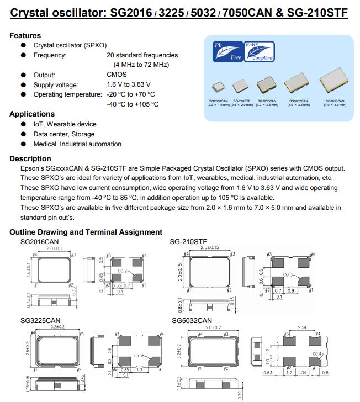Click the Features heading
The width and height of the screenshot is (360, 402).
click(25, 35)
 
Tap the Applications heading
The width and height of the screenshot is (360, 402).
click(32, 114)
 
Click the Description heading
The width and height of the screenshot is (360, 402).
click(30, 159)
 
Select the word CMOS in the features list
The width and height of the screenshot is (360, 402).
click(117, 75)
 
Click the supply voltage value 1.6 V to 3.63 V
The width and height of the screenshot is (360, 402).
click(129, 84)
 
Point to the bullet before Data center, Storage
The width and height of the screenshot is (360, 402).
click(23, 134)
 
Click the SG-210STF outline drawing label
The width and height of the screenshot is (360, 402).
click(188, 242)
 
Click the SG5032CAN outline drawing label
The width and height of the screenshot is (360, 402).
click(192, 321)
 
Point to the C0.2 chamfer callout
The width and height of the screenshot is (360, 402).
click(123, 271)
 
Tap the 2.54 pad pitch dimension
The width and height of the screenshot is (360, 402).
click(301, 327)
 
